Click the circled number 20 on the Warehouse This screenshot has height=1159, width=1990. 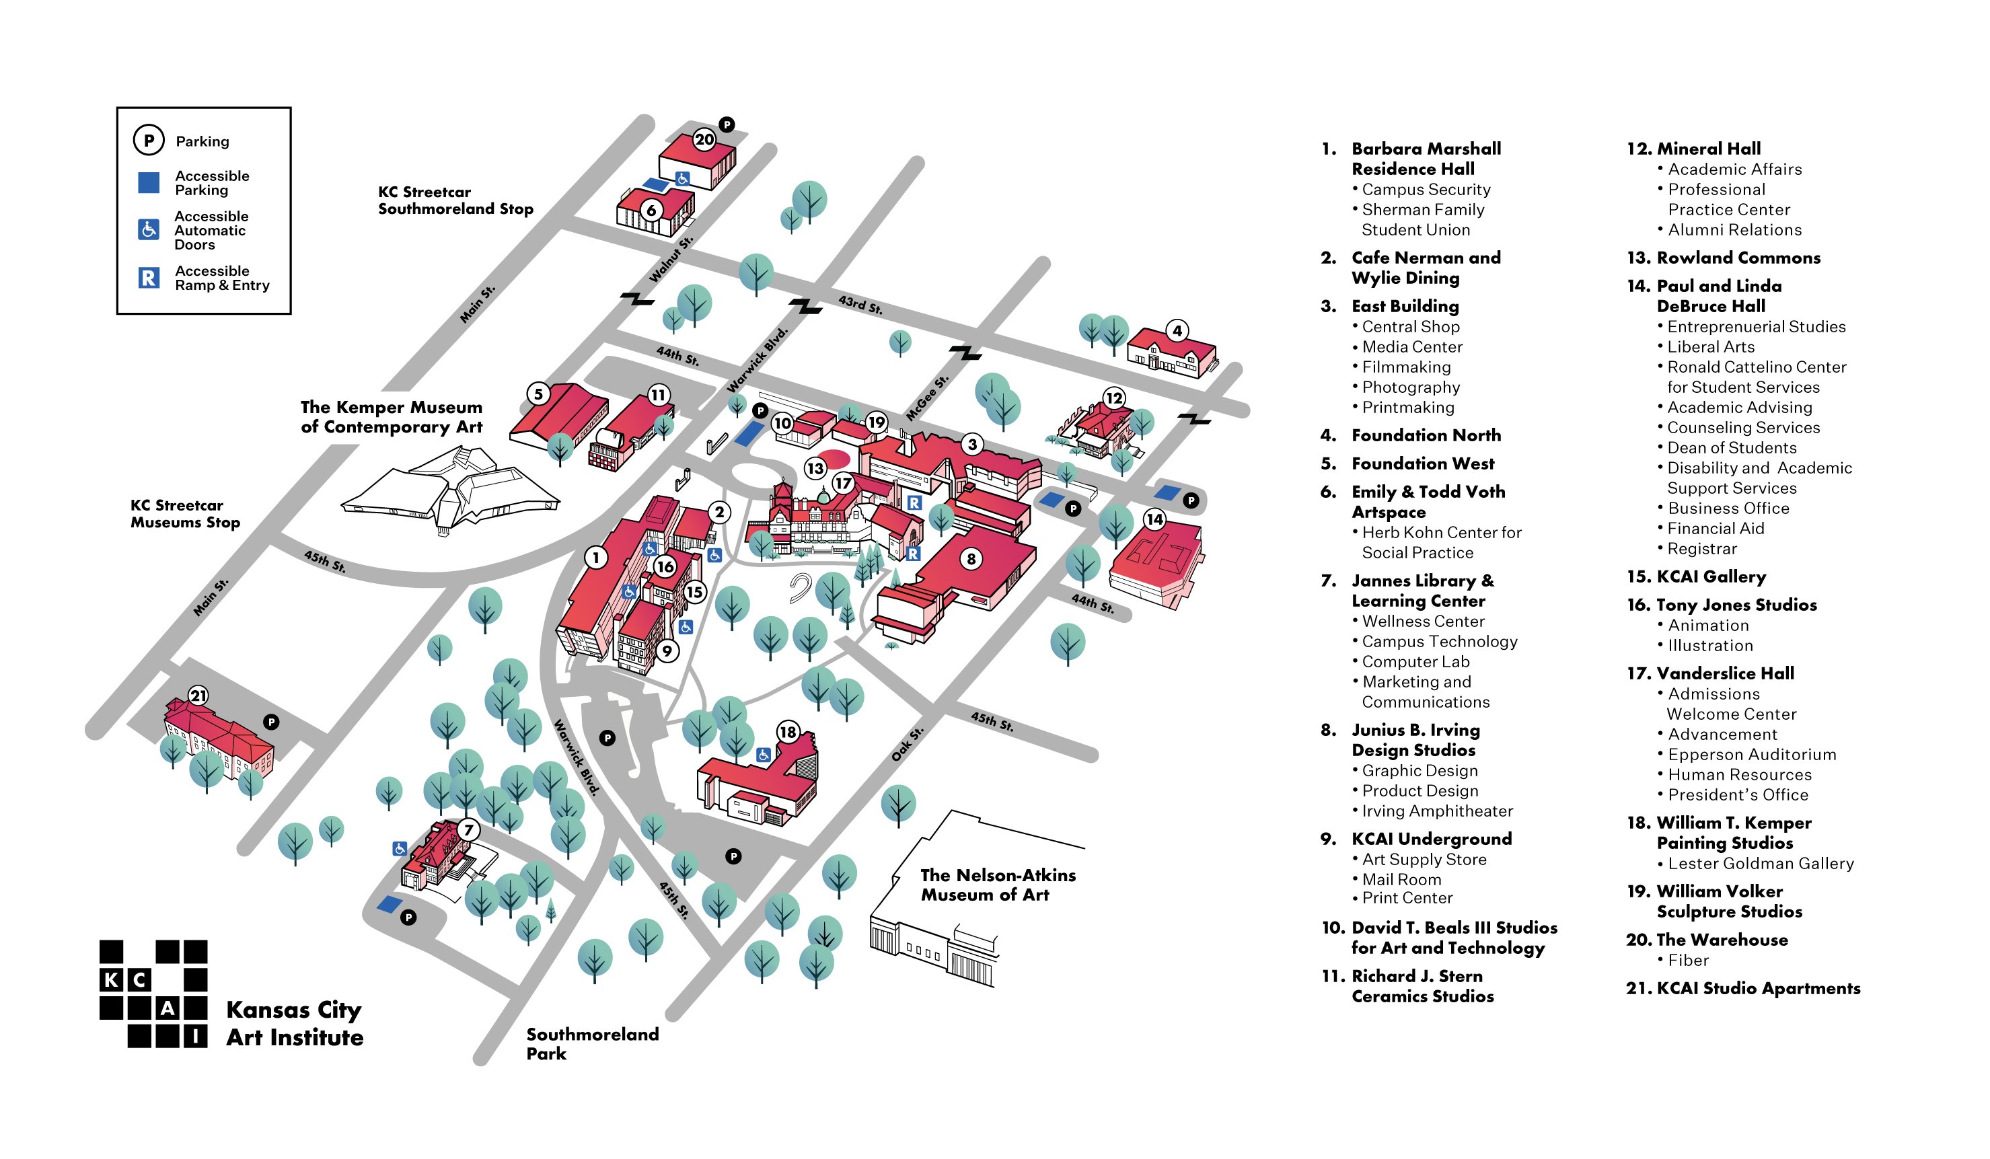click(704, 140)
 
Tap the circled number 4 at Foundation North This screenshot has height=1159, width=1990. click(1177, 331)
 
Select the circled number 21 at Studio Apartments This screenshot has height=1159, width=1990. click(198, 696)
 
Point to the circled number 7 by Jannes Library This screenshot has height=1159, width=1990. click(468, 830)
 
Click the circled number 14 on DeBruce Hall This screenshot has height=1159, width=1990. click(1154, 519)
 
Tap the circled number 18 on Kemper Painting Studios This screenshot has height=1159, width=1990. click(788, 732)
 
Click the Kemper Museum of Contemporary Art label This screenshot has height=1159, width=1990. click(391, 417)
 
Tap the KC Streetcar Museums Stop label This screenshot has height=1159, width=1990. click(185, 513)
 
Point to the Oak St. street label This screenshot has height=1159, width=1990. click(907, 745)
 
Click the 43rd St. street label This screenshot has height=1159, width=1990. click(860, 304)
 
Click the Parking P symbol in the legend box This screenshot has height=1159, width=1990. click(149, 141)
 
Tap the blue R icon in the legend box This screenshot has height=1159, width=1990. click(149, 278)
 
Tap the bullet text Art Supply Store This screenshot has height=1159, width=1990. click(1423, 859)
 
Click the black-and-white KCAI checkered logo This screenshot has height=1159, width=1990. click(153, 994)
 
